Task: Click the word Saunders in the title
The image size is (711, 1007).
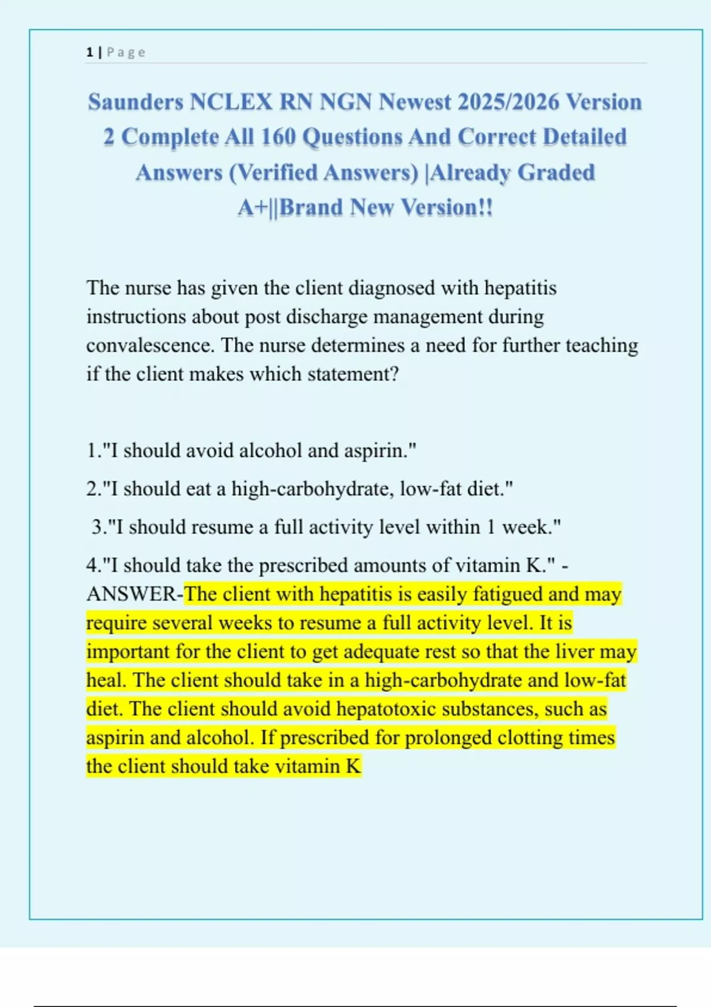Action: pyautogui.click(x=136, y=102)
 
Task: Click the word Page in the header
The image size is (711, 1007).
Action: pyautogui.click(x=126, y=52)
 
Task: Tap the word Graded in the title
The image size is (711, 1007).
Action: pyautogui.click(x=556, y=172)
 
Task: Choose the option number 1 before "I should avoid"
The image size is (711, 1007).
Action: pyautogui.click(x=92, y=451)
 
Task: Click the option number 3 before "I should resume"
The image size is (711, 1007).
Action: pyautogui.click(x=98, y=527)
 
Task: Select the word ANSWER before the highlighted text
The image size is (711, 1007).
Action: pyautogui.click(x=131, y=594)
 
